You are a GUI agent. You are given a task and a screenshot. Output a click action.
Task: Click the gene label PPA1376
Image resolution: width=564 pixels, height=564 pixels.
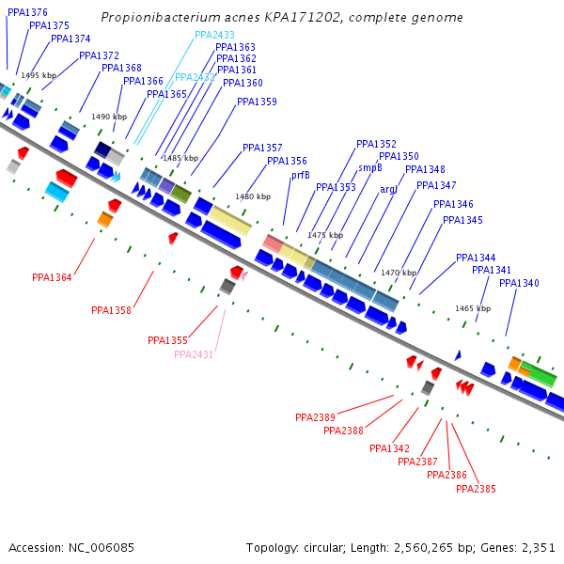(27, 12)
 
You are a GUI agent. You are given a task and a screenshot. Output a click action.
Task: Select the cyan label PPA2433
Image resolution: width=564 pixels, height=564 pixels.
(215, 35)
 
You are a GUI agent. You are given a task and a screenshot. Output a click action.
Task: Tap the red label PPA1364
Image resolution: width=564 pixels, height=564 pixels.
(52, 277)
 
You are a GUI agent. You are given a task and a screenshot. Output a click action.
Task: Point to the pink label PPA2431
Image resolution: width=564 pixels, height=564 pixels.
(194, 354)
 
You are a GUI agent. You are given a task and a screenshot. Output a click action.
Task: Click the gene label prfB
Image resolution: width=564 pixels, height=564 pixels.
(300, 175)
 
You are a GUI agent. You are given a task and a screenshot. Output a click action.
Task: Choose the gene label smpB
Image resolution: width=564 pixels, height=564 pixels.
(370, 167)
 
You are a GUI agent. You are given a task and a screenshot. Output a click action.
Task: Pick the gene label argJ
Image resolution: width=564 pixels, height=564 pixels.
(389, 189)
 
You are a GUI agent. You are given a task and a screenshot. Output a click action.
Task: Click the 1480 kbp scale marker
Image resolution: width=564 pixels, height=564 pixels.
(253, 196)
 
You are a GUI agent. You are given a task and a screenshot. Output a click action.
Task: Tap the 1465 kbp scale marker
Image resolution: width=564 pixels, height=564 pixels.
(473, 308)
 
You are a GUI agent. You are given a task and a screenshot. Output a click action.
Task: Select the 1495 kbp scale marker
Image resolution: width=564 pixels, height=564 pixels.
(39, 75)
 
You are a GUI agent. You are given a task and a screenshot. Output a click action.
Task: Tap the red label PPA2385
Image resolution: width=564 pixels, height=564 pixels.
(476, 489)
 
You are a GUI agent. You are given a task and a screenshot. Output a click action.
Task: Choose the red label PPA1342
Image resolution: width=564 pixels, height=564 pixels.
(389, 448)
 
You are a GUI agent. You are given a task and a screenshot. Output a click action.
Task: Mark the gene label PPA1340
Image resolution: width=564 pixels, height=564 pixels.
(519, 283)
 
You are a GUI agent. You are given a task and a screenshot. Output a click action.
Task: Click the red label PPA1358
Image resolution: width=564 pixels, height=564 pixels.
(111, 309)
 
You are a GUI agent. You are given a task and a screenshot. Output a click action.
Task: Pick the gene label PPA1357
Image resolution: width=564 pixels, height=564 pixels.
(262, 148)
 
